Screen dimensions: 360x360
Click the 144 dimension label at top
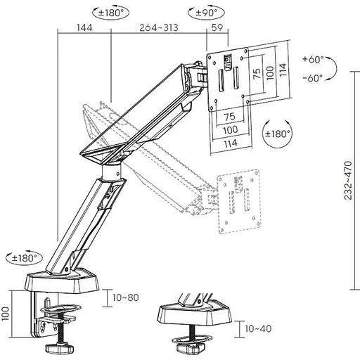84,27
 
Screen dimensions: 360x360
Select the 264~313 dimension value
159,27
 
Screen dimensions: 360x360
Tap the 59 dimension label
217,27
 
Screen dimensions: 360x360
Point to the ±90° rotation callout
207,13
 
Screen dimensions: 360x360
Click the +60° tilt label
313,59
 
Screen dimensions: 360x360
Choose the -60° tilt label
313,78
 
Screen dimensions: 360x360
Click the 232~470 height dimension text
348,180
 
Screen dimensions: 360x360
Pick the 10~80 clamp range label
126,297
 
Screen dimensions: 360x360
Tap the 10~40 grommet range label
258,328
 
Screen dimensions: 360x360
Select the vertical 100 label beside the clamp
5,314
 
